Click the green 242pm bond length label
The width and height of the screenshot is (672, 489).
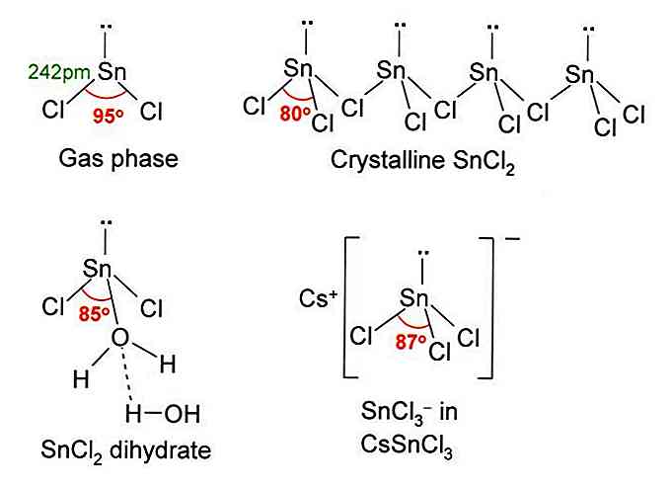(x=59, y=72)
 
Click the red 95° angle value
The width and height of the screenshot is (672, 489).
(x=109, y=116)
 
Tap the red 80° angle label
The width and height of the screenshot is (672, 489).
(x=295, y=114)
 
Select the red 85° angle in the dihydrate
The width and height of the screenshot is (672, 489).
(x=95, y=314)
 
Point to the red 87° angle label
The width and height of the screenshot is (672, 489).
(x=411, y=342)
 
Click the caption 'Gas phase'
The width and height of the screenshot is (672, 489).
(x=118, y=159)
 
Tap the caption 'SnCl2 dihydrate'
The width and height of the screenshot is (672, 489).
(x=126, y=450)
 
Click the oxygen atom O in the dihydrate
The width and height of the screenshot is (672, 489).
(x=120, y=338)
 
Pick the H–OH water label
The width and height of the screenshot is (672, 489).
(x=163, y=414)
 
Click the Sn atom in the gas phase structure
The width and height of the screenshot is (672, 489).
(x=112, y=72)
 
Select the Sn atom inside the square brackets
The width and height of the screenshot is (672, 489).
(x=414, y=298)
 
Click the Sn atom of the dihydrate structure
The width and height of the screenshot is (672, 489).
(x=97, y=269)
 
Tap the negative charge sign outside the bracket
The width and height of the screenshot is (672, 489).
(x=513, y=238)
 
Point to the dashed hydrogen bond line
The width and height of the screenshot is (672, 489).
(x=126, y=373)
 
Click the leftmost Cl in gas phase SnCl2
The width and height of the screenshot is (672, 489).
(x=53, y=110)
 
